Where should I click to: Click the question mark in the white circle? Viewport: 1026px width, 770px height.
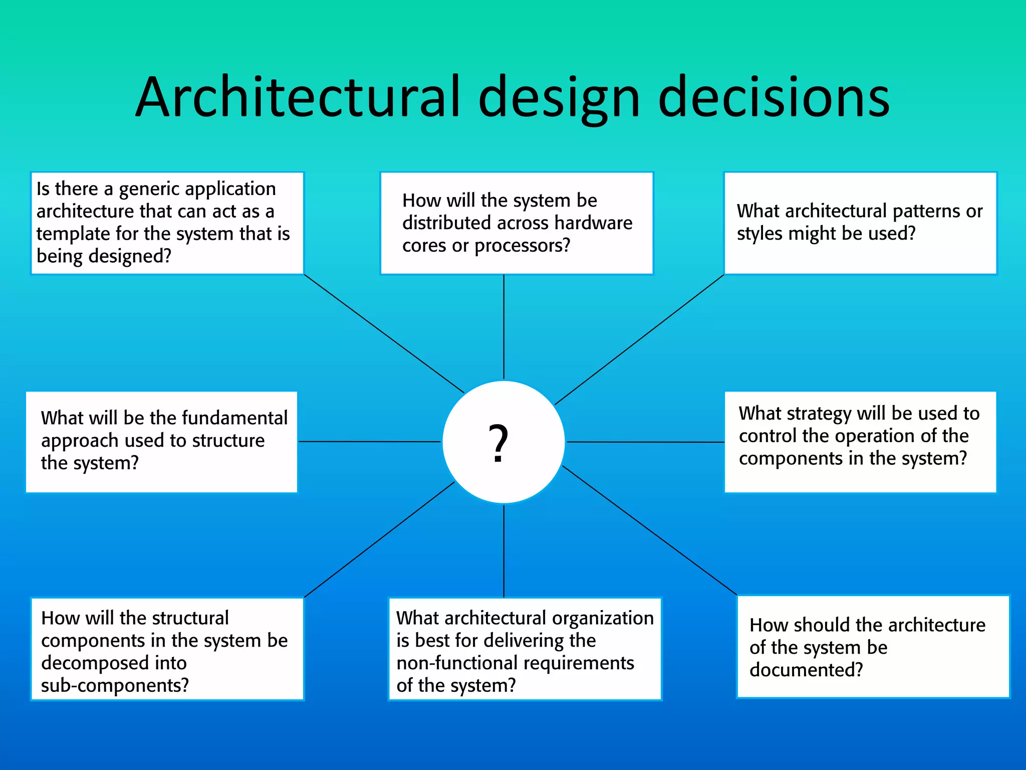pos(498,443)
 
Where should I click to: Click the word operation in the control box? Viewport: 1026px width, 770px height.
pos(896,436)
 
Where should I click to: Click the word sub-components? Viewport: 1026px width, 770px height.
pos(115,685)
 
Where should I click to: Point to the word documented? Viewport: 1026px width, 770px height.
pos(806,670)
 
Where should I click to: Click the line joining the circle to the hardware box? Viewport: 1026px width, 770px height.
pos(503,326)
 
